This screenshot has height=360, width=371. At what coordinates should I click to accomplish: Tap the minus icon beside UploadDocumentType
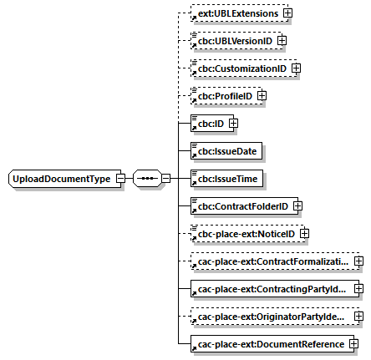point(121,178)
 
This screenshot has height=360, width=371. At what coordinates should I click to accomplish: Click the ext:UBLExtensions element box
point(236,13)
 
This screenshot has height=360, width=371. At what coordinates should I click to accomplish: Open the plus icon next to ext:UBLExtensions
point(287,13)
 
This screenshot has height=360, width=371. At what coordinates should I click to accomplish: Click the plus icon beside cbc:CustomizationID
point(295,68)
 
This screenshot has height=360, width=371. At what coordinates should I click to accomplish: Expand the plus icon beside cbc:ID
point(233,124)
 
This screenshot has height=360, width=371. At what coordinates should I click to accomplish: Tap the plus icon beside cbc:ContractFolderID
point(297,205)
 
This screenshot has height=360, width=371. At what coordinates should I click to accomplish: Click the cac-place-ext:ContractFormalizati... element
point(271,261)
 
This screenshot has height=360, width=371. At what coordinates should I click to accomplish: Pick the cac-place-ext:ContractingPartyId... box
point(271,288)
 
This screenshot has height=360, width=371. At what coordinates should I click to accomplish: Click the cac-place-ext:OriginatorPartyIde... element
point(271,316)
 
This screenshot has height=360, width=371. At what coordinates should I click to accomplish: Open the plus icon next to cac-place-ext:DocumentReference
point(354,343)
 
